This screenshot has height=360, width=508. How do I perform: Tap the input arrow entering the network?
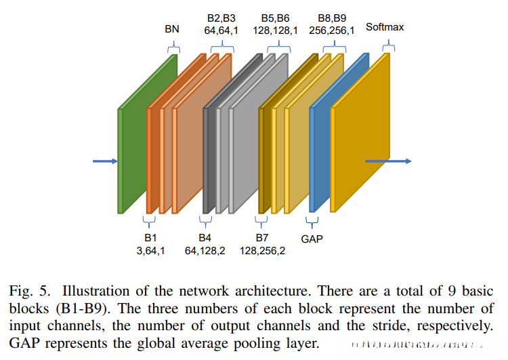pos(104,161)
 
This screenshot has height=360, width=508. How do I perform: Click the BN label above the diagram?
pos(173,30)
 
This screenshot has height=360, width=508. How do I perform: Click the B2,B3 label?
pos(221,17)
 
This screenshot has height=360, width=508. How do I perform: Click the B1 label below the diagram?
pos(150,238)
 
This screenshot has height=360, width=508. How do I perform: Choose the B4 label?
pos(205,238)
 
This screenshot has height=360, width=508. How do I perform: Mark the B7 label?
pos(261,238)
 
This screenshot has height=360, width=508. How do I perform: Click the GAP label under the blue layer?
pos(312,239)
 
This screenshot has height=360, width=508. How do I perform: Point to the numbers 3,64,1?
pos(150,251)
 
